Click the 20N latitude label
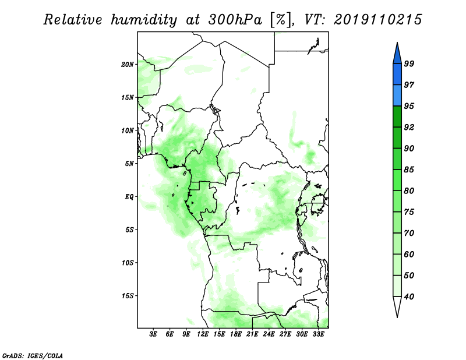click(128, 65)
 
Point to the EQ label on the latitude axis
click(129, 197)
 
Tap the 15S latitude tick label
click(128, 296)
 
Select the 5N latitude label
click(129, 164)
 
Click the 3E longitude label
click(153, 334)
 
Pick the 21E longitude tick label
click(252, 334)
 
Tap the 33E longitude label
click(318, 334)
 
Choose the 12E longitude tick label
click(203, 334)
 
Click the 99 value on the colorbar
click(409, 63)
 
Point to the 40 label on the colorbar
click(409, 297)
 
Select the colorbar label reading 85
click(409, 170)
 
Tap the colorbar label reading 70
click(409, 233)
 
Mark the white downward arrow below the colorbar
click(397, 306)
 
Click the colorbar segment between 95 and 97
click(397, 96)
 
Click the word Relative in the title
click(73, 20)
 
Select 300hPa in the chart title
click(235, 20)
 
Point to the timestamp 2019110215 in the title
click(377, 20)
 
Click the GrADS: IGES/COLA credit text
click(33, 356)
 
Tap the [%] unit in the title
click(280, 20)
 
